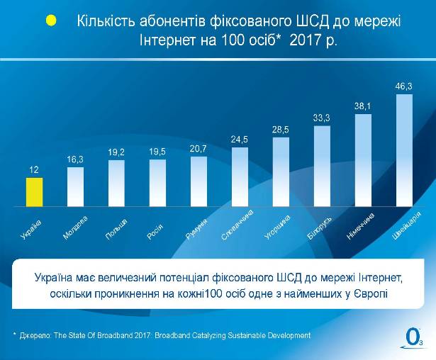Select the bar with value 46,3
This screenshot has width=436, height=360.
click(x=403, y=150)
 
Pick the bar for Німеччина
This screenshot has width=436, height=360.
click(x=363, y=160)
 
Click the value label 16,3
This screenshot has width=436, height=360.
click(x=75, y=160)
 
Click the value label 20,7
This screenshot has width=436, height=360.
click(x=199, y=150)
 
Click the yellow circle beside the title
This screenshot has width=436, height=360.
click(x=51, y=21)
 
